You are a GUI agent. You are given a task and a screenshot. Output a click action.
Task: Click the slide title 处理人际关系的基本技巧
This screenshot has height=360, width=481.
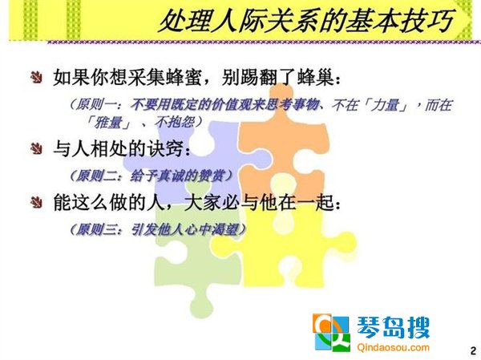[307, 21]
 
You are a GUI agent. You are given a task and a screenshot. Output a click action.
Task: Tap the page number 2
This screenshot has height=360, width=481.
[473, 350]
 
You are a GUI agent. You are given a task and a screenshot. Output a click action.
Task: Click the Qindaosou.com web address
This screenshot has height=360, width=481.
[393, 347]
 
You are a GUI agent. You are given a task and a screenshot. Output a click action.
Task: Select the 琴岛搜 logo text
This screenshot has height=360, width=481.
[393, 327]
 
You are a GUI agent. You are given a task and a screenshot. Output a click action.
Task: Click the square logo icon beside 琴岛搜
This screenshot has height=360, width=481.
[331, 333]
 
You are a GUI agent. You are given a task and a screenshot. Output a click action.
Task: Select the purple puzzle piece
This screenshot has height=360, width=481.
[196, 153]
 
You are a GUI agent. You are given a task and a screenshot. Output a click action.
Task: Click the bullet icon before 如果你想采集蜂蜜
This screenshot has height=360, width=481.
[37, 77]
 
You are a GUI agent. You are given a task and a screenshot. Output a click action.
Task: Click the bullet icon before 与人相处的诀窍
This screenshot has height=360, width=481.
[37, 149]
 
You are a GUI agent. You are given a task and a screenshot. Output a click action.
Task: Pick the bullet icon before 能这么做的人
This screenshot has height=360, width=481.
[37, 203]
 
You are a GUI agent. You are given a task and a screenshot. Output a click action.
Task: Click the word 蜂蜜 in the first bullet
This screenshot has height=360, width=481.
[184, 77]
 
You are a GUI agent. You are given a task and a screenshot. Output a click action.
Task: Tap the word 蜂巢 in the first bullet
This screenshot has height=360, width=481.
[316, 77]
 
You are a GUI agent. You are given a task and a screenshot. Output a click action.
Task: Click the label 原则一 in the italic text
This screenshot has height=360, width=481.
[94, 105]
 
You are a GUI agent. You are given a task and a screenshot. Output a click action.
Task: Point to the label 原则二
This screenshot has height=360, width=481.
[94, 176]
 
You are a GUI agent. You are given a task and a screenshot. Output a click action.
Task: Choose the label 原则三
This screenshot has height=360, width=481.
[94, 229]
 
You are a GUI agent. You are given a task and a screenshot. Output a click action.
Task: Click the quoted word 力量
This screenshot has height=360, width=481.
[386, 105]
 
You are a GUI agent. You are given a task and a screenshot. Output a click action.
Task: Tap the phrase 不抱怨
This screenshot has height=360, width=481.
[174, 122]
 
